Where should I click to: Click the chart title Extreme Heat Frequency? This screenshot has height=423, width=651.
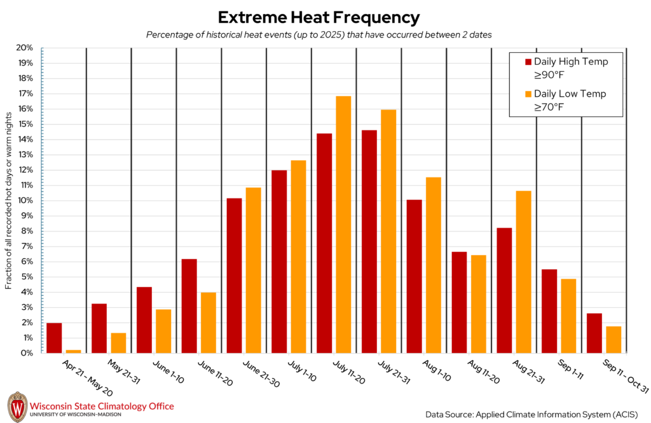319,17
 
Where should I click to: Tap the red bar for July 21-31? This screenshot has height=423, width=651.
369,241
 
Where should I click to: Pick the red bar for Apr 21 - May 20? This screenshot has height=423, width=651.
54,338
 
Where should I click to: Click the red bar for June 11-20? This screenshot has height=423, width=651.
189,305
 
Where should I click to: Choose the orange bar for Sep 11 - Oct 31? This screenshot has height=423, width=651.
613,340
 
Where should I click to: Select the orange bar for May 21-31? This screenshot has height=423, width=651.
118,343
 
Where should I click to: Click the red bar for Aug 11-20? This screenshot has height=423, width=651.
459,302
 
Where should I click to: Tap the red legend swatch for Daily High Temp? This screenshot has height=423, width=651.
528,62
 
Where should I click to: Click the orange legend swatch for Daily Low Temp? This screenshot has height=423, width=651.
528,94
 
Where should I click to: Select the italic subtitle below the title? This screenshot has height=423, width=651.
319,34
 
